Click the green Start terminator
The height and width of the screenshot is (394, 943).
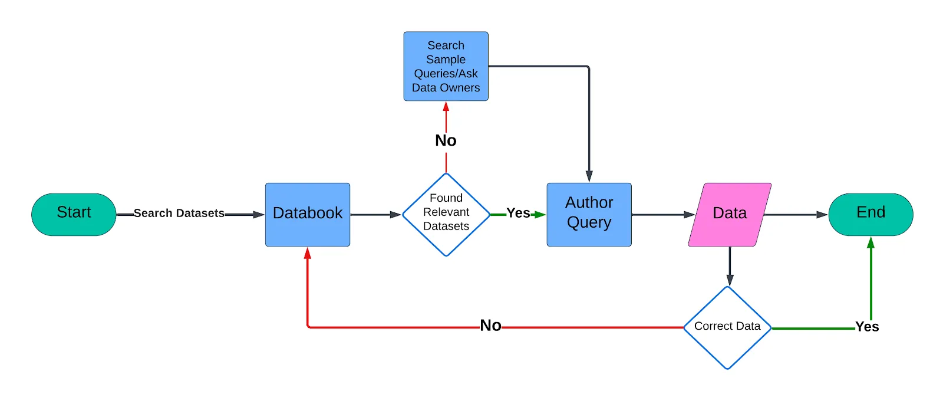(x=74, y=214)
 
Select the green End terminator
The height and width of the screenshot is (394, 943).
(x=871, y=214)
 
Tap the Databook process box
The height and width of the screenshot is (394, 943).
(x=308, y=214)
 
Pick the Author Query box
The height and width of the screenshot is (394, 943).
(x=589, y=214)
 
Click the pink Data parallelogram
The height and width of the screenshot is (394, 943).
(x=730, y=214)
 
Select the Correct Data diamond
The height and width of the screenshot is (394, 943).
(x=727, y=327)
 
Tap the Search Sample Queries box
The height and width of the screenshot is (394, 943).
(x=446, y=66)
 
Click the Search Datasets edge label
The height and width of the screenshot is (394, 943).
(x=179, y=214)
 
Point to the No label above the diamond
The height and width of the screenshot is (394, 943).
(x=446, y=140)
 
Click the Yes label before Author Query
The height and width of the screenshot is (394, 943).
(x=518, y=214)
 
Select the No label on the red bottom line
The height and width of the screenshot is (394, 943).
(x=490, y=326)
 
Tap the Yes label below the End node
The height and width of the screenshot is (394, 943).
(x=867, y=327)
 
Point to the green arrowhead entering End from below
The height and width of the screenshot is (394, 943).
(x=871, y=242)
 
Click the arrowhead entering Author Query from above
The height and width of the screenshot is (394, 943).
(x=589, y=176)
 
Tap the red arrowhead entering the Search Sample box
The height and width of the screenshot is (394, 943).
(x=446, y=107)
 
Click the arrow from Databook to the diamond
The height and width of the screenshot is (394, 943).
(x=375, y=215)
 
